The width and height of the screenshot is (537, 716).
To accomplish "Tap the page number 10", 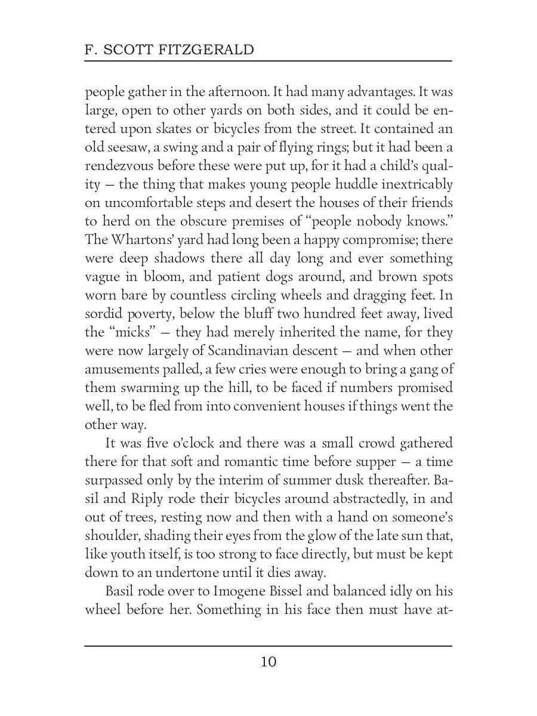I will (x=268, y=662).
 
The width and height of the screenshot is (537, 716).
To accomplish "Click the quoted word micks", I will (x=127, y=332).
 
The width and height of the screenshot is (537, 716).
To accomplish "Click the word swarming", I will (x=143, y=388).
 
